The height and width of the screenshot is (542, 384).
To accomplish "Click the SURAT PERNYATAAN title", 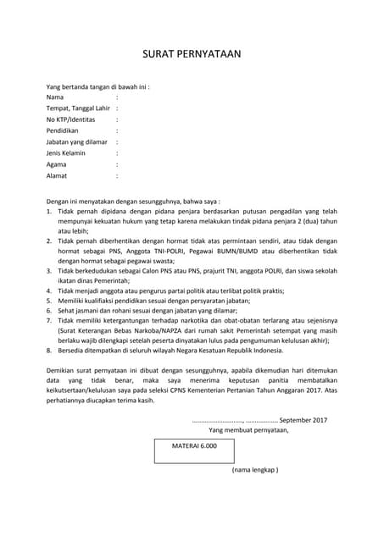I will pos(192,53).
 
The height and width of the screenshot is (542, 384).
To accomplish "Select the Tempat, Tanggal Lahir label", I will pos(79,108).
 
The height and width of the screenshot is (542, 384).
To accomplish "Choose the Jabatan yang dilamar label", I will pos(77,142).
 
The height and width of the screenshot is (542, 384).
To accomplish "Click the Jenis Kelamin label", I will pos(70,153).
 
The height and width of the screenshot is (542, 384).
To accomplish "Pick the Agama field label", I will pos(58,165).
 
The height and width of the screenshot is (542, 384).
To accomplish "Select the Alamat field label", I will pos(58,176).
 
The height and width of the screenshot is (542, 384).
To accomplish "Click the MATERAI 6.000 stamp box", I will pos(194,445).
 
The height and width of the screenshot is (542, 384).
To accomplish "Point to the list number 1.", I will pos(49,210).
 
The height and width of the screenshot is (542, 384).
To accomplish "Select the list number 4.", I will pos(49,290).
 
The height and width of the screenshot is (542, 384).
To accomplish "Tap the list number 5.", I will pos(49,301).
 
